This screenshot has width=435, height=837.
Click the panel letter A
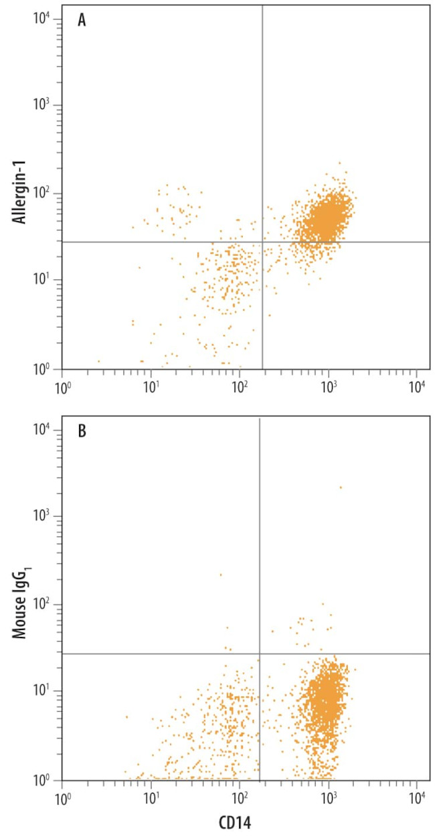82,20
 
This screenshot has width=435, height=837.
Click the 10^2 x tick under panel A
240,386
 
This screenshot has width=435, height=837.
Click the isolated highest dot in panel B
341,487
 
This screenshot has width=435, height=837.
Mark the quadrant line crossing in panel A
262,242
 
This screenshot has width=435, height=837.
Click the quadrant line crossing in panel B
259,654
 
